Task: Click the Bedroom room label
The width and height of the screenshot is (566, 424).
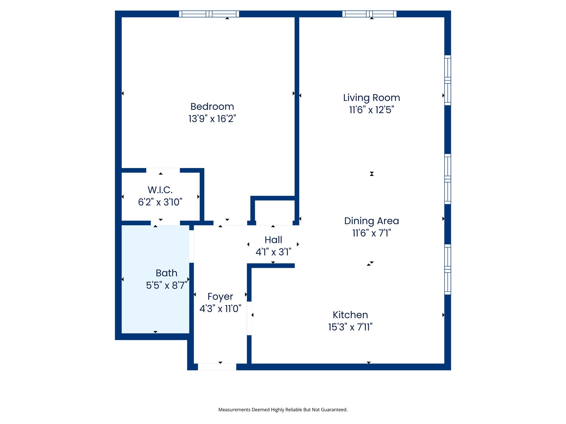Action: [212, 106]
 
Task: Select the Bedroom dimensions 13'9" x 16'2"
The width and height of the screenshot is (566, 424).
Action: [212, 119]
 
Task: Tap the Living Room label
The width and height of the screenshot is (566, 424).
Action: [371, 98]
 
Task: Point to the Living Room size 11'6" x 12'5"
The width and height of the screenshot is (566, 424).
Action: [371, 110]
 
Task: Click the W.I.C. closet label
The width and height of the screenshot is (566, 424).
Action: [160, 190]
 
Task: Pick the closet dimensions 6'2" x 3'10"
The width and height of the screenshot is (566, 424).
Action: [160, 202]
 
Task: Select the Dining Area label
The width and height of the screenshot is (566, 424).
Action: [371, 221]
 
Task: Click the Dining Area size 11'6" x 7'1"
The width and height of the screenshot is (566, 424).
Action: [371, 233]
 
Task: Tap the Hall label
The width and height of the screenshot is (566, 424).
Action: [273, 239]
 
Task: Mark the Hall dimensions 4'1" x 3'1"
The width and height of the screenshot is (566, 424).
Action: [273, 252]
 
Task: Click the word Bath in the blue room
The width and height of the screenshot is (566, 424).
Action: [166, 273]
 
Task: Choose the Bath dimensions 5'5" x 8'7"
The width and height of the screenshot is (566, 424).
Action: [166, 285]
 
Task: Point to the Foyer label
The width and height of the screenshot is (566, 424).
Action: [220, 296]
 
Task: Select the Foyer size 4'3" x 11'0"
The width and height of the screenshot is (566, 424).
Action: [220, 309]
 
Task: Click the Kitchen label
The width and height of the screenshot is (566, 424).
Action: [350, 315]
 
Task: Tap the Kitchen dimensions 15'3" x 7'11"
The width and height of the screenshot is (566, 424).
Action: [350, 327]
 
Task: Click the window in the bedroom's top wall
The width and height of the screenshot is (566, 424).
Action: [209, 14]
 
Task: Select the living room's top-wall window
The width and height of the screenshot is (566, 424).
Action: [369, 14]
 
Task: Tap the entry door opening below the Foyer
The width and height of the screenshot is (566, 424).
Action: [217, 367]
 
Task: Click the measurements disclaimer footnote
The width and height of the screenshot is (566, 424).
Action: [283, 409]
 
